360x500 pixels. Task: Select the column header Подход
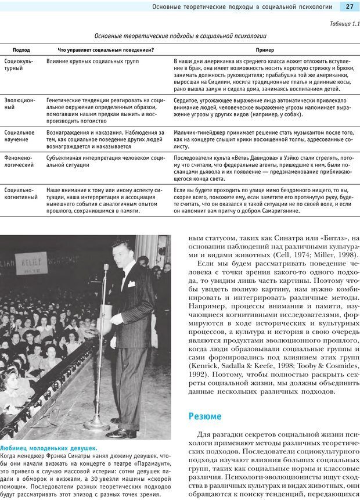21,50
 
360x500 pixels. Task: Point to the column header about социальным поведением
106,50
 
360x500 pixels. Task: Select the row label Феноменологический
19,161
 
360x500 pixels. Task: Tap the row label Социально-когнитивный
19,194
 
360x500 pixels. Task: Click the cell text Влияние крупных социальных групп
92,60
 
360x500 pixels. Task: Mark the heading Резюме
205,416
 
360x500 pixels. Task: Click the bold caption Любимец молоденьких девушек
49,448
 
